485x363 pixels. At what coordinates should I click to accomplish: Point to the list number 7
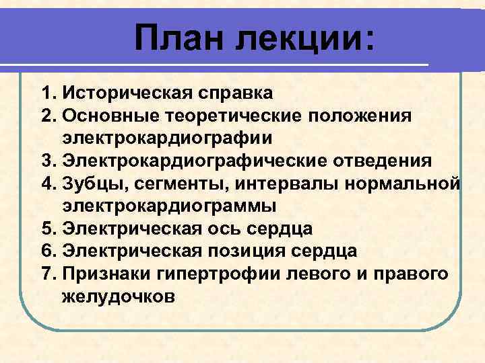(x=46, y=274)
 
